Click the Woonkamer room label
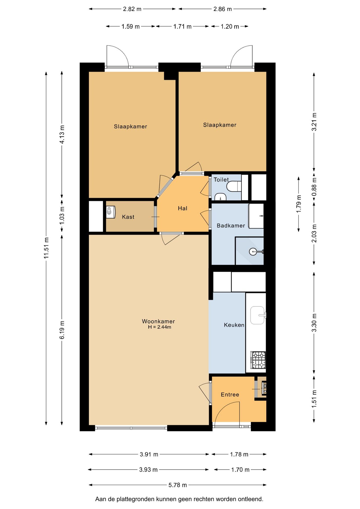pyautogui.click(x=158, y=321)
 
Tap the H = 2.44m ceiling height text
pyautogui.click(x=160, y=327)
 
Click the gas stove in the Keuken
pyautogui.click(x=258, y=360)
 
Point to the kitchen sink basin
pyautogui.click(x=257, y=315)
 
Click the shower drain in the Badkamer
pyautogui.click(x=253, y=251)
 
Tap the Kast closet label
pyautogui.click(x=128, y=217)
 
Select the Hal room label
pyautogui.click(x=183, y=208)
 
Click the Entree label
pyautogui.click(x=230, y=394)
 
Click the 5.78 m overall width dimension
pyautogui.click(x=178, y=485)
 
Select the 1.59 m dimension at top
pyautogui.click(x=130, y=27)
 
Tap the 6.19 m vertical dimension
pyautogui.click(x=62, y=330)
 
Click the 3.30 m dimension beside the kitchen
pyautogui.click(x=314, y=323)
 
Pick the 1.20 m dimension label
pyautogui.click(x=230, y=27)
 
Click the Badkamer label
pyautogui.click(x=231, y=226)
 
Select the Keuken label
pyautogui.click(x=234, y=325)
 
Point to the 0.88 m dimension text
pyautogui.click(x=314, y=187)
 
